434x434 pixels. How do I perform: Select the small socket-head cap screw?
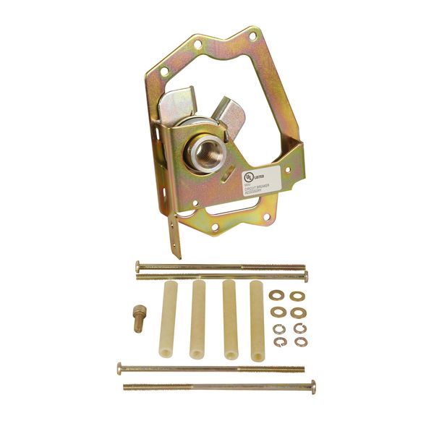point(138,318)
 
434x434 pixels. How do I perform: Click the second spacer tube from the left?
point(199,320)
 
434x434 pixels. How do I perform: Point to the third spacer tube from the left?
point(229,320)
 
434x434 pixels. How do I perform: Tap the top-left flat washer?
point(276,295)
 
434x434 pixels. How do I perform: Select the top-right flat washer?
point(297,296)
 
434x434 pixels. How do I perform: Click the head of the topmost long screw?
point(137,265)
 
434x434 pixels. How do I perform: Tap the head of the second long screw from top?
point(306,276)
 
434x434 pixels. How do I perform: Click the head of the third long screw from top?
point(120,368)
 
